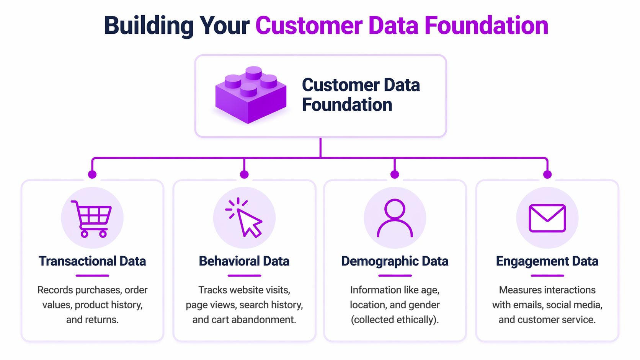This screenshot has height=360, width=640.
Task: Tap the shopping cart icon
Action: tap(92, 218)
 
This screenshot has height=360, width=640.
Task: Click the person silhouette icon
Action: tap(395, 218)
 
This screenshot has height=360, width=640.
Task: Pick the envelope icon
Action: tap(547, 218)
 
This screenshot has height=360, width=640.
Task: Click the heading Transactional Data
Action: tap(92, 261)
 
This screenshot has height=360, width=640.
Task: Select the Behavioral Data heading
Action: tap(244, 261)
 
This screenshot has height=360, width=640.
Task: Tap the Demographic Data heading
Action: tap(395, 261)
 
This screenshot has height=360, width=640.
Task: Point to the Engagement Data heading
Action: tap(547, 261)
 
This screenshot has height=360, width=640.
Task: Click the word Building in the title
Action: tap(149, 26)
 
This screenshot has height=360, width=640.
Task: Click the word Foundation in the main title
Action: tap(486, 26)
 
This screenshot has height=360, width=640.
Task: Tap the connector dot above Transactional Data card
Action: tap(92, 174)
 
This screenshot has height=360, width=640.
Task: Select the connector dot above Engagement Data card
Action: tap(547, 174)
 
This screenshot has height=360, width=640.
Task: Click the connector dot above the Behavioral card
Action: tap(244, 174)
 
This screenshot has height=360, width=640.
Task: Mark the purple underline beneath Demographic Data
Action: tap(395, 275)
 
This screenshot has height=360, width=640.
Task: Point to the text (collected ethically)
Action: tap(395, 320)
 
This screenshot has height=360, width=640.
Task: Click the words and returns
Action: tap(92, 320)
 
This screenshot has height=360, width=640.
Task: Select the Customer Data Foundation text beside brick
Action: tap(361, 95)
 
